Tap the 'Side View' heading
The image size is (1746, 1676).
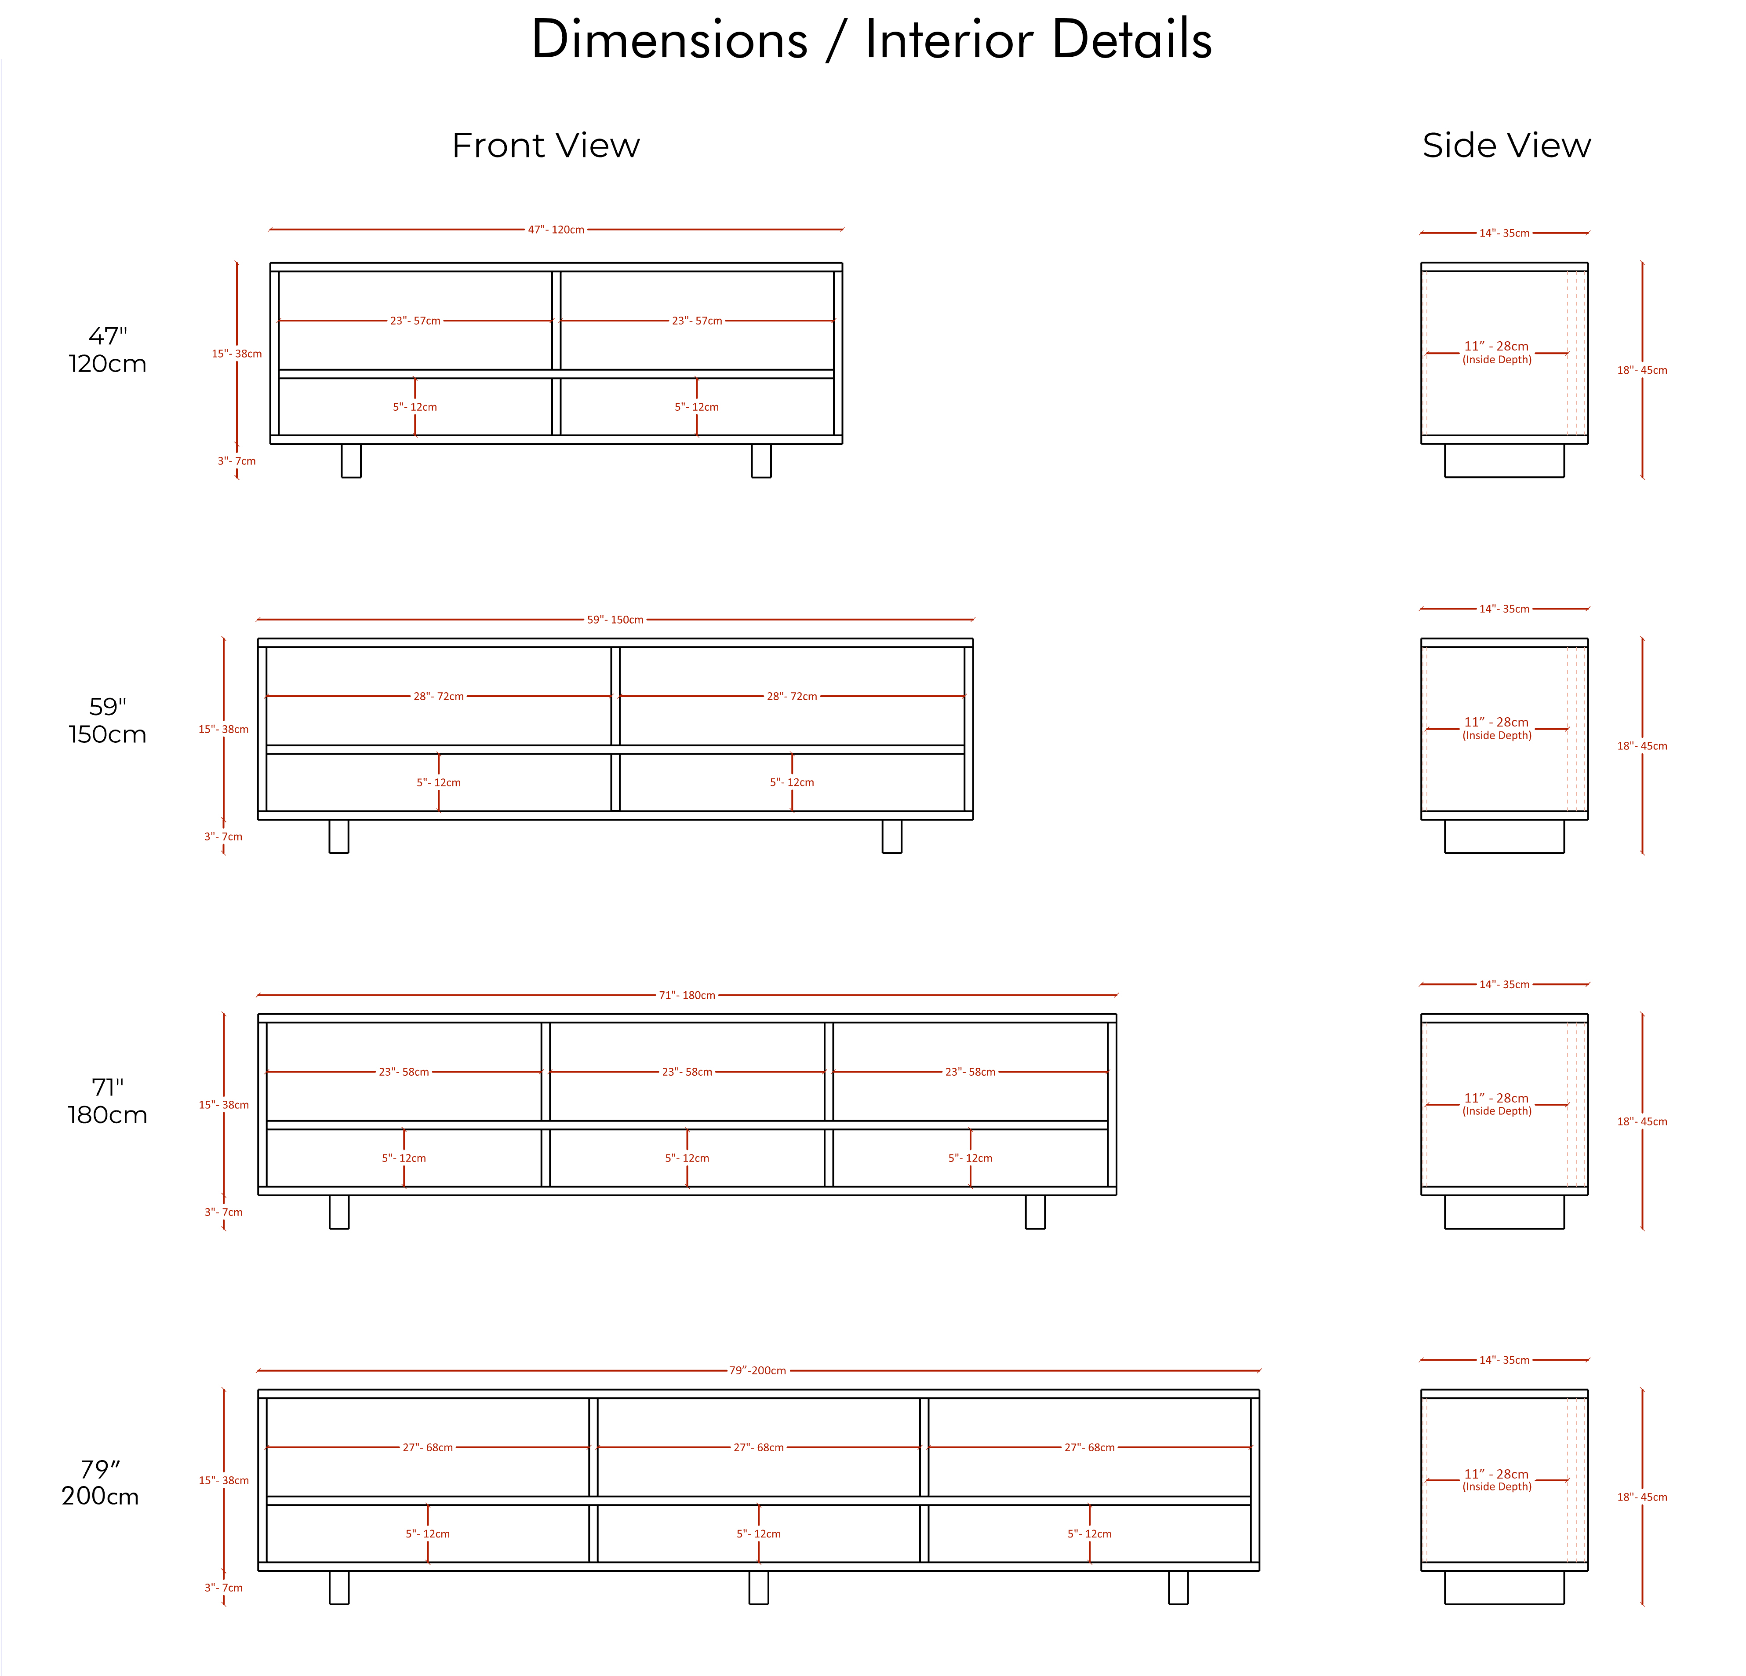(x=1506, y=145)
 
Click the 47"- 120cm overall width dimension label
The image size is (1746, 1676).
(x=556, y=230)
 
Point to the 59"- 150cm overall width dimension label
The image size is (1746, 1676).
(x=615, y=619)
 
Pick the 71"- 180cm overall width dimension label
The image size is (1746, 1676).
(x=687, y=995)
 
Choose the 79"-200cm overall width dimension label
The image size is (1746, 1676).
(x=758, y=1370)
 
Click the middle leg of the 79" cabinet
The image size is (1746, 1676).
(x=759, y=1587)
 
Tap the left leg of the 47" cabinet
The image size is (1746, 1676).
(x=351, y=460)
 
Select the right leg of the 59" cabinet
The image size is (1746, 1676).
(x=892, y=836)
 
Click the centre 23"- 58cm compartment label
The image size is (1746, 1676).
(x=687, y=1072)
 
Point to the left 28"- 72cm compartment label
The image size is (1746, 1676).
(x=438, y=696)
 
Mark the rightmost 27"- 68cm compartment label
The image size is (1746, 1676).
(x=1089, y=1447)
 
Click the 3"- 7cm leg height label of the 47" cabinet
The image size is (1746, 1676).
(x=237, y=460)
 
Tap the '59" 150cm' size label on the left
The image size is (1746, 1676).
(x=108, y=720)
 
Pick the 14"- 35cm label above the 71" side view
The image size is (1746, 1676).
(x=1505, y=985)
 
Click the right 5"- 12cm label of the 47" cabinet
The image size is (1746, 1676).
(x=697, y=407)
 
